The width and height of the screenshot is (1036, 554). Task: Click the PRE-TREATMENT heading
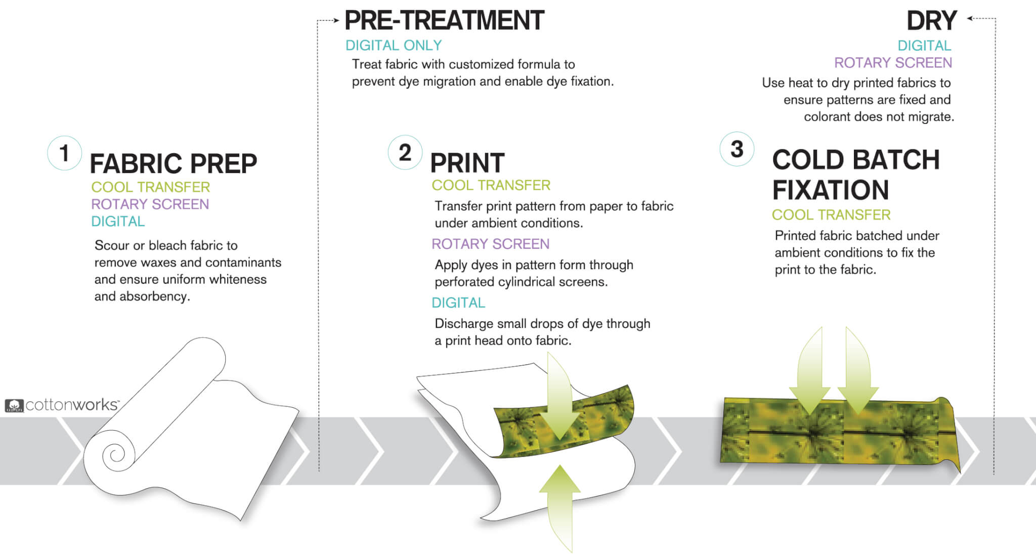[x=444, y=21]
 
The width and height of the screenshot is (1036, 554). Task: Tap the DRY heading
[x=931, y=21]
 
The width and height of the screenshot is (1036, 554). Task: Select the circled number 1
[x=64, y=153]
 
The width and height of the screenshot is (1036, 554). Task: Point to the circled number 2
[x=405, y=152]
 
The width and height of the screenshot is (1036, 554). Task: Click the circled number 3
[x=737, y=149]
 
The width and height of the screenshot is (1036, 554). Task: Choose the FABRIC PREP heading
[x=174, y=163]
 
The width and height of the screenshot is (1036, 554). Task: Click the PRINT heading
[x=467, y=163]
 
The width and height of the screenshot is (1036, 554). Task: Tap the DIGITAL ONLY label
[x=394, y=46]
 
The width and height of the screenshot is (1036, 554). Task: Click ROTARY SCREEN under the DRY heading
[x=893, y=63]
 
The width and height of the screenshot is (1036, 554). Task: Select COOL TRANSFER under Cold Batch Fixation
[x=831, y=215]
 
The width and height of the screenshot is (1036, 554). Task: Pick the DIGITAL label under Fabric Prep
[x=118, y=222]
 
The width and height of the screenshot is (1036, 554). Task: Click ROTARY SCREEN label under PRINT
[x=490, y=244]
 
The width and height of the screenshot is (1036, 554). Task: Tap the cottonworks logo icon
[x=14, y=405]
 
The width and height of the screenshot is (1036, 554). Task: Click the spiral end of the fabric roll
[x=115, y=453]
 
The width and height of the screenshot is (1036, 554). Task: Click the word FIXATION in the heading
[x=830, y=190]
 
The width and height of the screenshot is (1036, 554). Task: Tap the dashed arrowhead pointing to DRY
[x=970, y=19]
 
